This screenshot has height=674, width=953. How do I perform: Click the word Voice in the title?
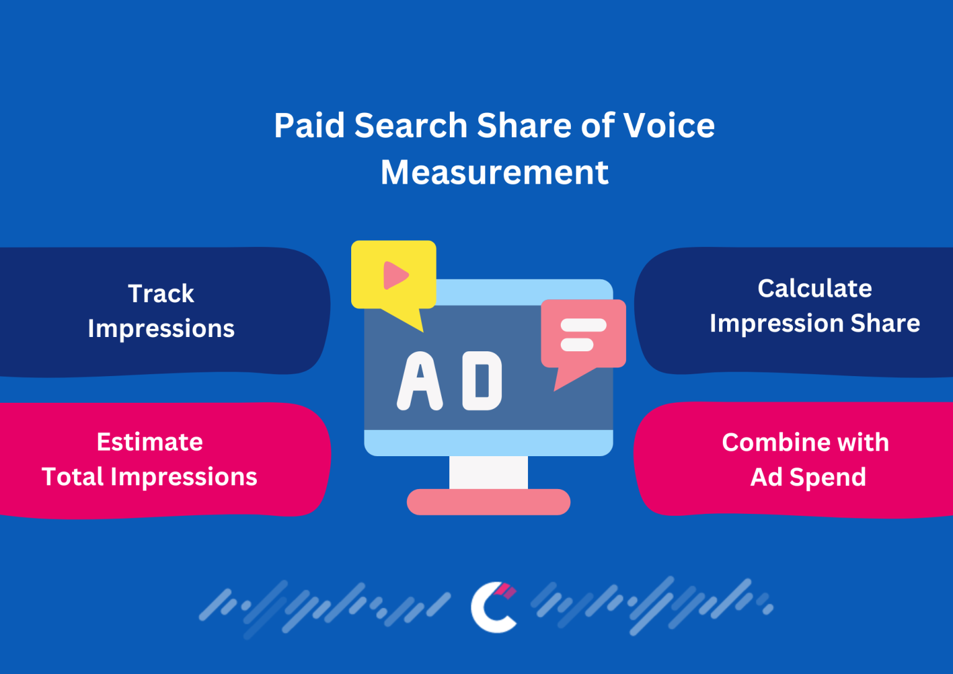click(669, 125)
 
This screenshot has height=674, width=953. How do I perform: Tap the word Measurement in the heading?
click(494, 173)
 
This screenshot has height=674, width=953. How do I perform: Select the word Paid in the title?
click(310, 125)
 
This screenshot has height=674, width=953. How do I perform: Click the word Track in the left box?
click(161, 294)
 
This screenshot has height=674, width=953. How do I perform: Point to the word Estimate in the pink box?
click(150, 442)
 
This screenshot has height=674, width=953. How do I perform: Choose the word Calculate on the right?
click(815, 289)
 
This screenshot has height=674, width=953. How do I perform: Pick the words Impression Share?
click(815, 323)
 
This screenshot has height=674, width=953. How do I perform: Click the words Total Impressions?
click(150, 477)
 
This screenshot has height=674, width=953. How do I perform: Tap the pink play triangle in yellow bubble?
click(395, 276)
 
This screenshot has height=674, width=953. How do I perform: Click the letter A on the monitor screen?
click(420, 381)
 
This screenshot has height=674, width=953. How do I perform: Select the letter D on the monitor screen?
click(482, 381)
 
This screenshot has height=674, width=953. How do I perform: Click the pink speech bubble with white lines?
click(583, 335)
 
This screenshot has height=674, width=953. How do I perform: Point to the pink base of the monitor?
click(488, 502)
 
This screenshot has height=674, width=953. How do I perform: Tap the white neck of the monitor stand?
click(488, 472)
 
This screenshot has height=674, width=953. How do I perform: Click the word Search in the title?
click(411, 125)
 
